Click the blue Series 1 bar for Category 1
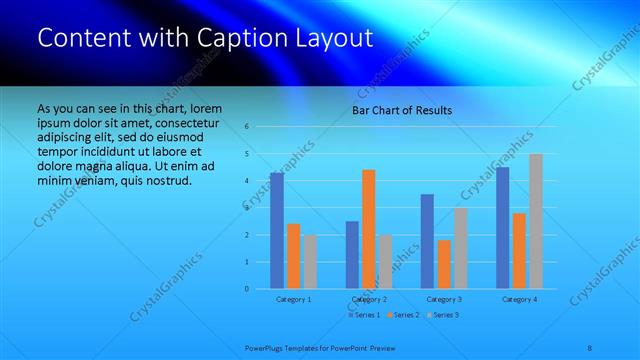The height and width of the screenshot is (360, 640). (277, 230)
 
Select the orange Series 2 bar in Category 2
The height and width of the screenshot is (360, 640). (369, 229)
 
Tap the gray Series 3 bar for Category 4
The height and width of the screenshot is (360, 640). (536, 221)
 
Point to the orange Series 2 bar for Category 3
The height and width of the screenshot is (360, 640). (444, 264)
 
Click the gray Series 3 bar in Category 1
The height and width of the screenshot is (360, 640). (310, 262)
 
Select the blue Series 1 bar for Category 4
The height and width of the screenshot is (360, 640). (502, 228)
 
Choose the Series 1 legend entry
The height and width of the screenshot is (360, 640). (363, 315)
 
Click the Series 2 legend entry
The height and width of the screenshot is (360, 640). (403, 315)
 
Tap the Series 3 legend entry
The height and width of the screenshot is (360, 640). (443, 315)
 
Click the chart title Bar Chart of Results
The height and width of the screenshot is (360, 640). (402, 110)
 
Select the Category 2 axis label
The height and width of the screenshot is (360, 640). (369, 299)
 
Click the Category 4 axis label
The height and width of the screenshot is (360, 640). (519, 299)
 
